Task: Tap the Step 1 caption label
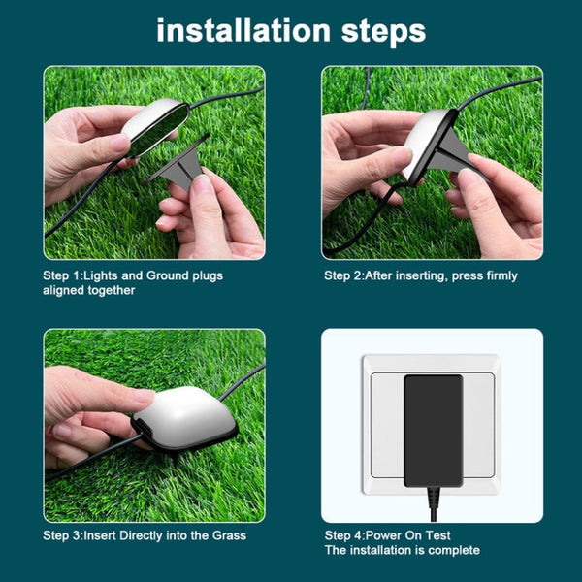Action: coord(133,282)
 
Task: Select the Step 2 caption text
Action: coord(421,275)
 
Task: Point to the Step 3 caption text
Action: coord(145,535)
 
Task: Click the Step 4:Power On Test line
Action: coord(388,535)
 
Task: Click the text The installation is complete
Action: coord(403,550)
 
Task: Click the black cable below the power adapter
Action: coord(432,501)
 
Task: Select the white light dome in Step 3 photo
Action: coord(186,412)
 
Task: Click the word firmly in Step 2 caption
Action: coord(500,275)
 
